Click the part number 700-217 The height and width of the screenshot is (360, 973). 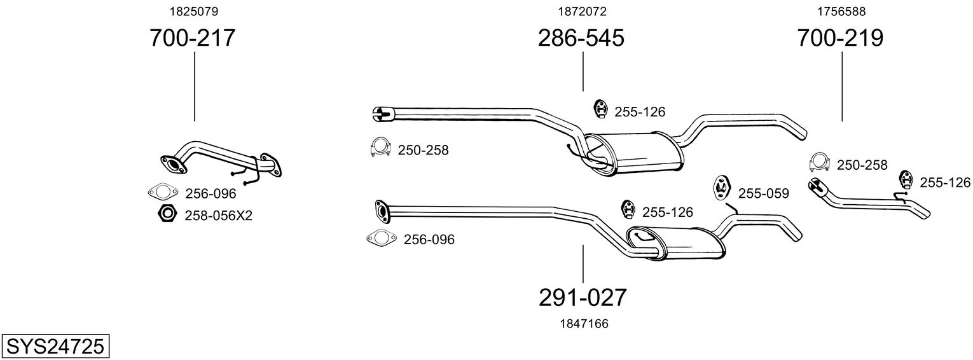(192, 38)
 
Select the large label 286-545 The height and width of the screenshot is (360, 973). (581, 38)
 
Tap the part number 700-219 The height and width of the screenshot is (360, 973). (840, 38)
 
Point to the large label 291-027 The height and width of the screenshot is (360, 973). (583, 297)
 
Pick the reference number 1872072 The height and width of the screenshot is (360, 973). (582, 11)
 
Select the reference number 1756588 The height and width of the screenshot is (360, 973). (841, 11)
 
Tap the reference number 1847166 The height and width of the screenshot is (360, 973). (584, 324)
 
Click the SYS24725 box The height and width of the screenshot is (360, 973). (55, 347)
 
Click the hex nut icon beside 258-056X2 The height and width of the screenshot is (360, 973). (167, 214)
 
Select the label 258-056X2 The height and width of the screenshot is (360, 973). (218, 216)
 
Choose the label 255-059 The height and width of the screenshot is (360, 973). (763, 193)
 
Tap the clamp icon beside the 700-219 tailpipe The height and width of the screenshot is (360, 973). (820, 163)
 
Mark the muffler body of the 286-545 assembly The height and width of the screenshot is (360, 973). (636, 153)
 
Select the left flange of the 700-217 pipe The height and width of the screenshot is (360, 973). (172, 165)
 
